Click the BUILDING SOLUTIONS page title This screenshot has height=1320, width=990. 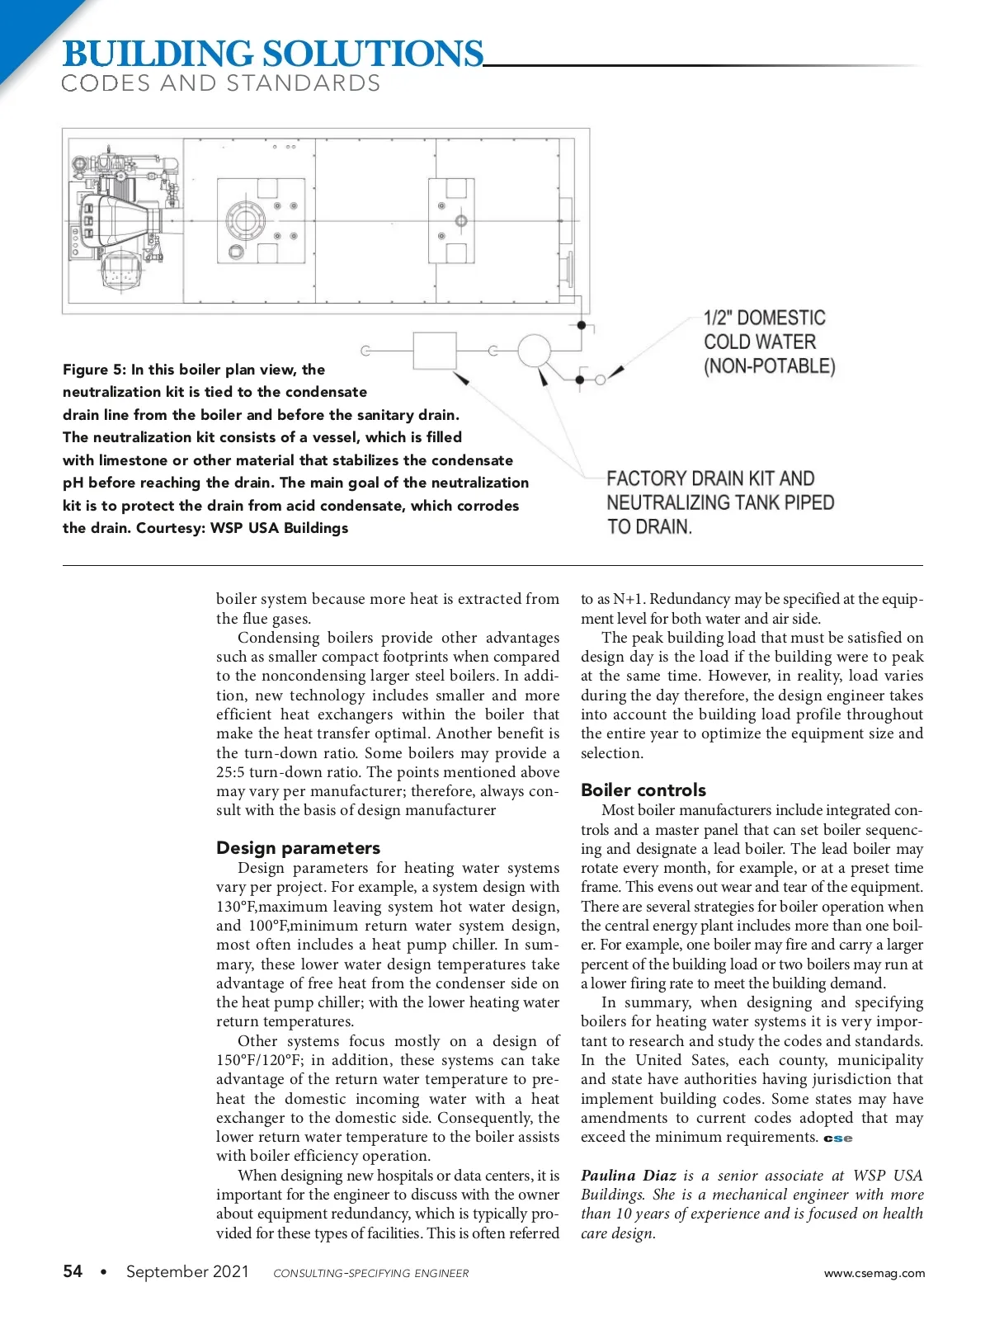272,54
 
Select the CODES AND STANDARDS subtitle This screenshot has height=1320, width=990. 221,83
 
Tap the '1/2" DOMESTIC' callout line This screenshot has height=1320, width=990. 764,318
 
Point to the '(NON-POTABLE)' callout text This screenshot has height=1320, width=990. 769,366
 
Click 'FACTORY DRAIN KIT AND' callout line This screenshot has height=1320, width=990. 710,478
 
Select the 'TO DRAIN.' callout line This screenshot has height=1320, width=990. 649,526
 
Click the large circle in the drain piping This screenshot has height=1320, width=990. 534,351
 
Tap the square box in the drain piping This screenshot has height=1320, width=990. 434,351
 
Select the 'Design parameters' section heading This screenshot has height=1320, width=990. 298,848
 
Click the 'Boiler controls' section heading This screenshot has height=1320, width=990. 643,790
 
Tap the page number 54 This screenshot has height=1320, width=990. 73,1271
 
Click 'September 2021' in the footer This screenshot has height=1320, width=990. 187,1271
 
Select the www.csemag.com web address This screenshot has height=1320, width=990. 874,1273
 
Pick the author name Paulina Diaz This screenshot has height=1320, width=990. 628,1176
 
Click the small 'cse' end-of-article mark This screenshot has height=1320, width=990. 838,1138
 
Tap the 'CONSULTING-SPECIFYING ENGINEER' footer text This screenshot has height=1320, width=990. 371,1273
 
